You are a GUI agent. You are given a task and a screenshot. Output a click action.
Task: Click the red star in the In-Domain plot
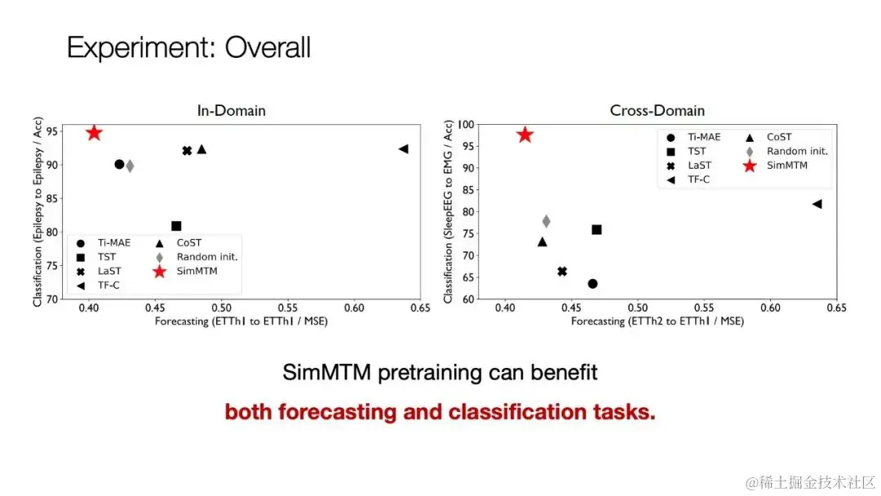pyautogui.click(x=94, y=133)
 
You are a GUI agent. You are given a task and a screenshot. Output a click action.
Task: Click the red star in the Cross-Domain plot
pyautogui.click(x=525, y=135)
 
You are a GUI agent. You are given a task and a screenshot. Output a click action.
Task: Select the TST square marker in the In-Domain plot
pyautogui.click(x=176, y=226)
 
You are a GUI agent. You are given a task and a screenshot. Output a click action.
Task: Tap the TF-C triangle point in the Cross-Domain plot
pyautogui.click(x=817, y=204)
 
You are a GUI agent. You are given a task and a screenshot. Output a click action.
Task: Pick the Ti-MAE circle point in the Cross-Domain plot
pyautogui.click(x=592, y=284)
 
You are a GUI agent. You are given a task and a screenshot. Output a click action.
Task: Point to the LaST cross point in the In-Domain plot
pyautogui.click(x=187, y=150)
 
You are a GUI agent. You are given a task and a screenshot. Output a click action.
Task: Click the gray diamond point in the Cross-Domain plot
pyautogui.click(x=546, y=221)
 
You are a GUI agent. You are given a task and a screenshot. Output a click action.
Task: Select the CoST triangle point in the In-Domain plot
pyautogui.click(x=201, y=148)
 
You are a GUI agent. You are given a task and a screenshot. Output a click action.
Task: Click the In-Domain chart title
pyautogui.click(x=231, y=111)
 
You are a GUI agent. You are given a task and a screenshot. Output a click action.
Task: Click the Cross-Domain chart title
pyautogui.click(x=657, y=111)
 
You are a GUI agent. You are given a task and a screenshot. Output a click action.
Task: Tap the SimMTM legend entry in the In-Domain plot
pyautogui.click(x=197, y=271)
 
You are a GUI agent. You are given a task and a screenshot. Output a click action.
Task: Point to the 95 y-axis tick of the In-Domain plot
pyautogui.click(x=51, y=131)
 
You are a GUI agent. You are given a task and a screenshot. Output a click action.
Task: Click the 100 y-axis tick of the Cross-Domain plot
pyautogui.click(x=465, y=125)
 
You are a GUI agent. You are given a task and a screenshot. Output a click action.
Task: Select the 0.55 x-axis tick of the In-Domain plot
pyautogui.click(x=287, y=309)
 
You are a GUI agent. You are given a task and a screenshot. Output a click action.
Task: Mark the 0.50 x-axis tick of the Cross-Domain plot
pyautogui.click(x=637, y=309)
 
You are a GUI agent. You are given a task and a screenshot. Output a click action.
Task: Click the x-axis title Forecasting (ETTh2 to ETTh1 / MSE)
pyautogui.click(x=657, y=321)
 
